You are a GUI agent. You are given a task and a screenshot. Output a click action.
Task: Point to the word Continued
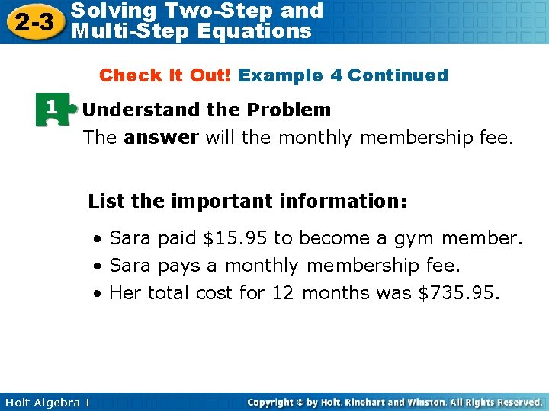(397, 75)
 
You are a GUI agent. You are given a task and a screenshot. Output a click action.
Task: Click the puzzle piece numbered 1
(51, 110)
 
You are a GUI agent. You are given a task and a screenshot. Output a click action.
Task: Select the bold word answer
(161, 138)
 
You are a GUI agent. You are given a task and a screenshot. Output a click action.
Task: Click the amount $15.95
(235, 239)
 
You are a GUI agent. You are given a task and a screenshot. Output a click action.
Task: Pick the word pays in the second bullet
(180, 266)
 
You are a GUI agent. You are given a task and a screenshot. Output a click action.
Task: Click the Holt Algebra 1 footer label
(47, 402)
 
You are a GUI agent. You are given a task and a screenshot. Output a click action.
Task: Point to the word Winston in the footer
(420, 402)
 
